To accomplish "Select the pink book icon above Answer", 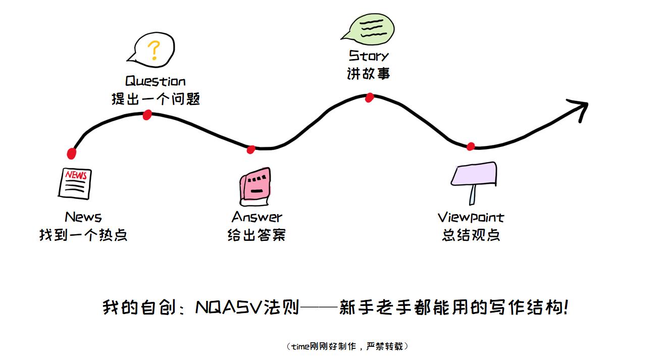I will click(x=256, y=186).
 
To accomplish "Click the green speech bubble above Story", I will click(x=368, y=28).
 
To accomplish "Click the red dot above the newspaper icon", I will click(x=72, y=153).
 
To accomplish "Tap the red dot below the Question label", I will click(x=147, y=115).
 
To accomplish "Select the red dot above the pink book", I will click(x=251, y=149).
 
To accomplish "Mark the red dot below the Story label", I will click(x=369, y=97).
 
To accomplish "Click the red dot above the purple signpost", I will click(x=471, y=146).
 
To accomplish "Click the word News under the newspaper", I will click(x=83, y=218).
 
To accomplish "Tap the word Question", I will click(x=156, y=81).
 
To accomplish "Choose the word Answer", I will click(x=257, y=218).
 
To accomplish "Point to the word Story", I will click(x=369, y=56).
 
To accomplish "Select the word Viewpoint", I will click(x=471, y=218).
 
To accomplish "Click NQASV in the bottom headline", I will click(x=229, y=307).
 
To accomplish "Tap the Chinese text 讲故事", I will click(x=369, y=74).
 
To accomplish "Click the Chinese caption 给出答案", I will click(x=257, y=235).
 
